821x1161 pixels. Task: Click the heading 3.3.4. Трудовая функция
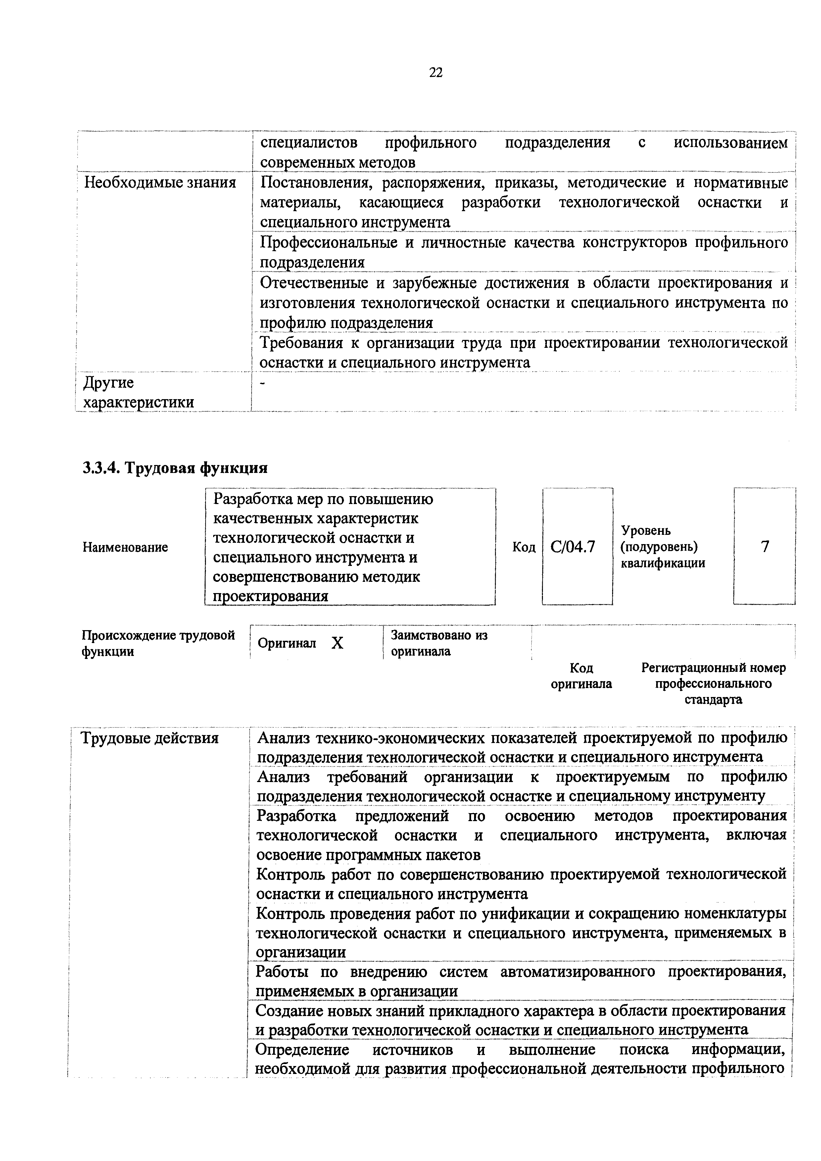175,468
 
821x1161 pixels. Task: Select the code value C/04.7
573,547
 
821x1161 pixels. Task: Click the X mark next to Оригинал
337,643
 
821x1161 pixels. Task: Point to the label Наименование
125,547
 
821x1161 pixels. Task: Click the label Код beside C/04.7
524,547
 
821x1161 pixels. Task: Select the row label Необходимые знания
160,183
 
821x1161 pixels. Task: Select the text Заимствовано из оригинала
439,643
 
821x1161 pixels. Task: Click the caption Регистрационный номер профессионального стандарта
713,684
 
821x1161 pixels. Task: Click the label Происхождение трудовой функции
158,643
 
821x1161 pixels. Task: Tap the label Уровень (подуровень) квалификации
663,547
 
